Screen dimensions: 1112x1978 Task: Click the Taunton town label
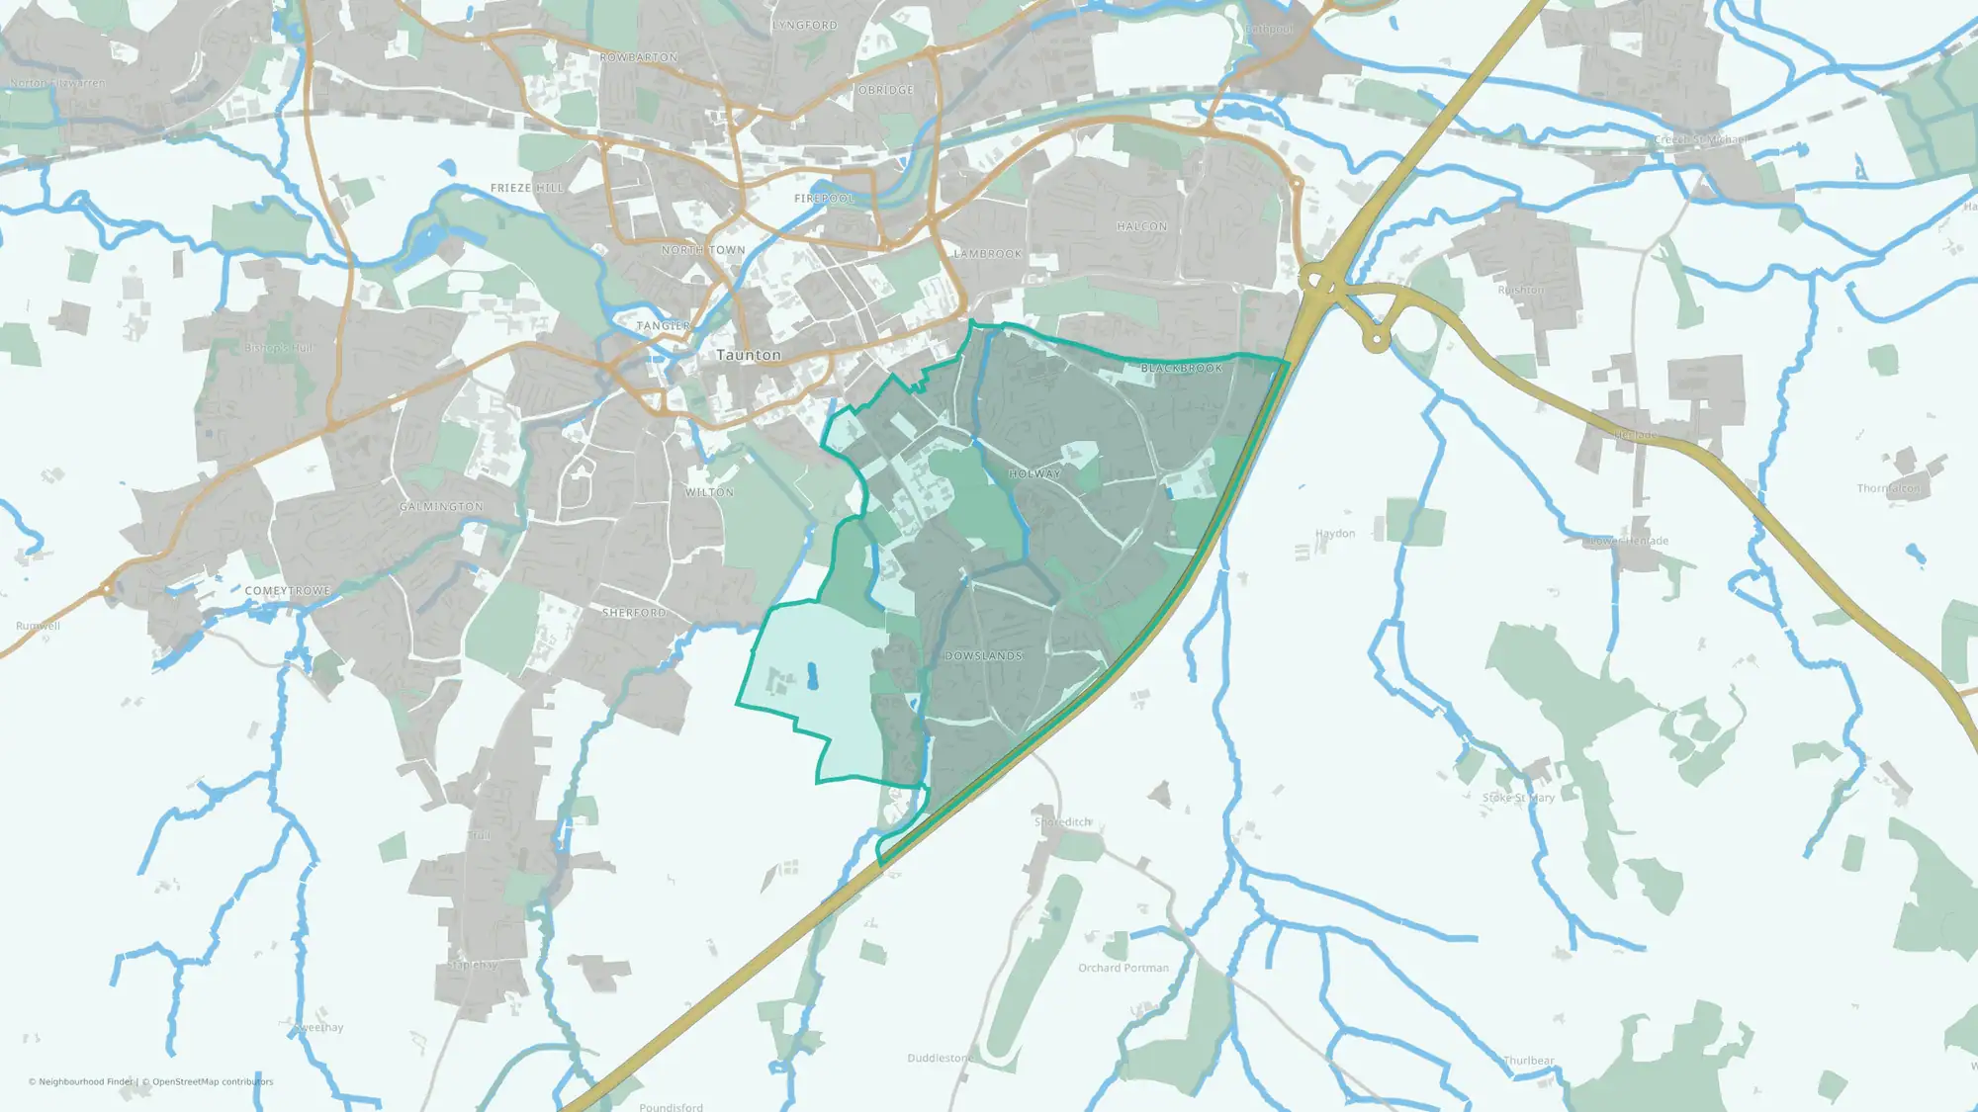pyautogui.click(x=749, y=355)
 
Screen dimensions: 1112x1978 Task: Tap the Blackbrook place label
pyautogui.click(x=1182, y=369)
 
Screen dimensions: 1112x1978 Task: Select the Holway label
pyautogui.click(x=1034, y=474)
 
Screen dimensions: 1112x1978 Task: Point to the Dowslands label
pyautogui.click(x=983, y=656)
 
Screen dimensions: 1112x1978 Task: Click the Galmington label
pyautogui.click(x=441, y=507)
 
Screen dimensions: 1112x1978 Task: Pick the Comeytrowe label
pyautogui.click(x=288, y=591)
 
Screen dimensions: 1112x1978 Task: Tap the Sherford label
pyautogui.click(x=634, y=613)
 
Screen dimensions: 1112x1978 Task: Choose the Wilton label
pyautogui.click(x=710, y=492)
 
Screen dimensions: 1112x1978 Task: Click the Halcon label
pyautogui.click(x=1142, y=227)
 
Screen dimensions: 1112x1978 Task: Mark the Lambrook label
pyautogui.click(x=987, y=254)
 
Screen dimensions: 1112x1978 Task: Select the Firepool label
pyautogui.click(x=824, y=199)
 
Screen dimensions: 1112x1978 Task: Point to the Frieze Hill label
pyautogui.click(x=526, y=188)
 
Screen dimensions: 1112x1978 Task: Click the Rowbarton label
pyautogui.click(x=639, y=58)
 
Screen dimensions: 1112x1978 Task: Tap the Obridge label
pyautogui.click(x=886, y=90)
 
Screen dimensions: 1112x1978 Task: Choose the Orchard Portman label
pyautogui.click(x=1124, y=968)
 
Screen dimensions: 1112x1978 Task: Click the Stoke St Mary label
pyautogui.click(x=1518, y=798)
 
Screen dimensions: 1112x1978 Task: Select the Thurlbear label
pyautogui.click(x=1529, y=1061)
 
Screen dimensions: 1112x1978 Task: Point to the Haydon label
pyautogui.click(x=1335, y=534)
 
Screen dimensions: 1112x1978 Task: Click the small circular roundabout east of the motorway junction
pyautogui.click(x=1376, y=340)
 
